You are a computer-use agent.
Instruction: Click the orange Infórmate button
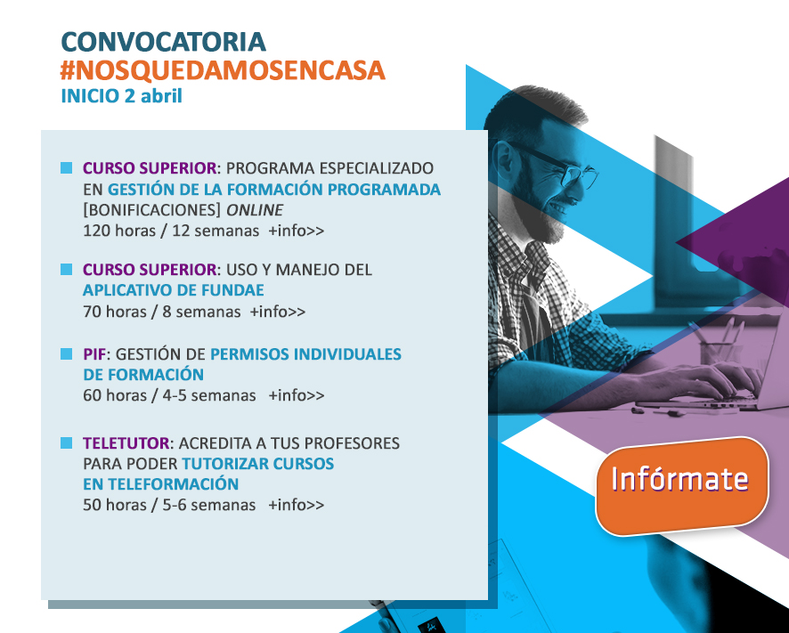[682, 485]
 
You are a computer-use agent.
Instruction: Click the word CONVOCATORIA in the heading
[163, 42]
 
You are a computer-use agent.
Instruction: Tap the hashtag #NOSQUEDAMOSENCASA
[223, 70]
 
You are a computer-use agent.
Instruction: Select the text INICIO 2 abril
[121, 95]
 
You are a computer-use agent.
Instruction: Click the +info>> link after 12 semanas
[296, 231]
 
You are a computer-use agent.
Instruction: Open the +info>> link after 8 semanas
[277, 312]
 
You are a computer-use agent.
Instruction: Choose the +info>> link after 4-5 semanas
[296, 395]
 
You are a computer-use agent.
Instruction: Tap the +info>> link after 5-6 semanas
[296, 504]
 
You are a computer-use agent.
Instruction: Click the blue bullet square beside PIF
[67, 353]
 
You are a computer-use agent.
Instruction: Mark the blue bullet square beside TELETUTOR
[67, 442]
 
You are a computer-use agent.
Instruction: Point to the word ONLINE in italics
[254, 210]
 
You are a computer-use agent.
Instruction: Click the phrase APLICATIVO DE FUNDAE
[174, 290]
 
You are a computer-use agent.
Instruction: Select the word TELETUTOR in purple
[126, 442]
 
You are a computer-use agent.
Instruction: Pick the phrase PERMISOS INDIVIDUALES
[305, 353]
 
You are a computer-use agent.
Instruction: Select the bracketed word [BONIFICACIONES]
[151, 210]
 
